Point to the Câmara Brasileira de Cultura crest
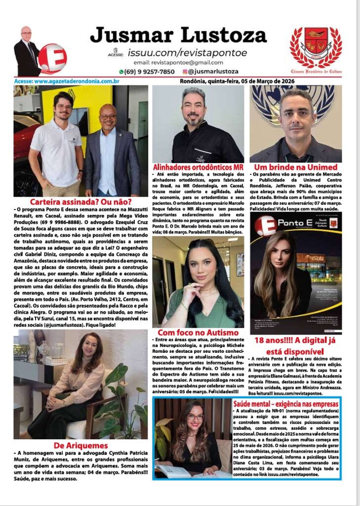coord(315,47)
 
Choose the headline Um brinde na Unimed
coord(295,168)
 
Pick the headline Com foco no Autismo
coord(198,333)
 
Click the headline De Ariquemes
coord(80,446)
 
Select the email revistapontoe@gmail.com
coord(178,63)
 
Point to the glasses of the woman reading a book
coord(195,417)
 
